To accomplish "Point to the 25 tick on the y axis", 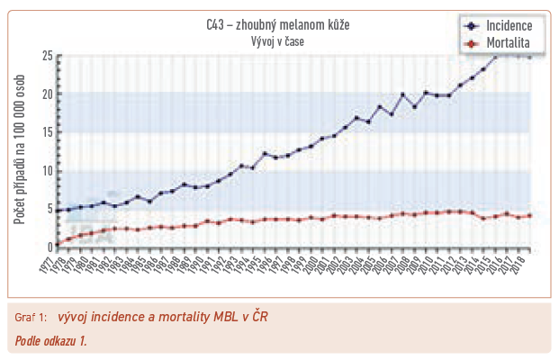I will click(47, 56).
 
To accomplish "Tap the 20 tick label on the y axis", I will click(47, 94).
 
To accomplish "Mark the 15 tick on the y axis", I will click(47, 132).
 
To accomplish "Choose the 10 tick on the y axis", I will click(47, 171).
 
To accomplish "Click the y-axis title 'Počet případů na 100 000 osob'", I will click(19, 151).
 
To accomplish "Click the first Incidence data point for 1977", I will click(59, 211).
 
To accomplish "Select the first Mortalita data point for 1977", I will click(59, 243).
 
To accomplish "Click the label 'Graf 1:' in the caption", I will click(32, 318).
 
